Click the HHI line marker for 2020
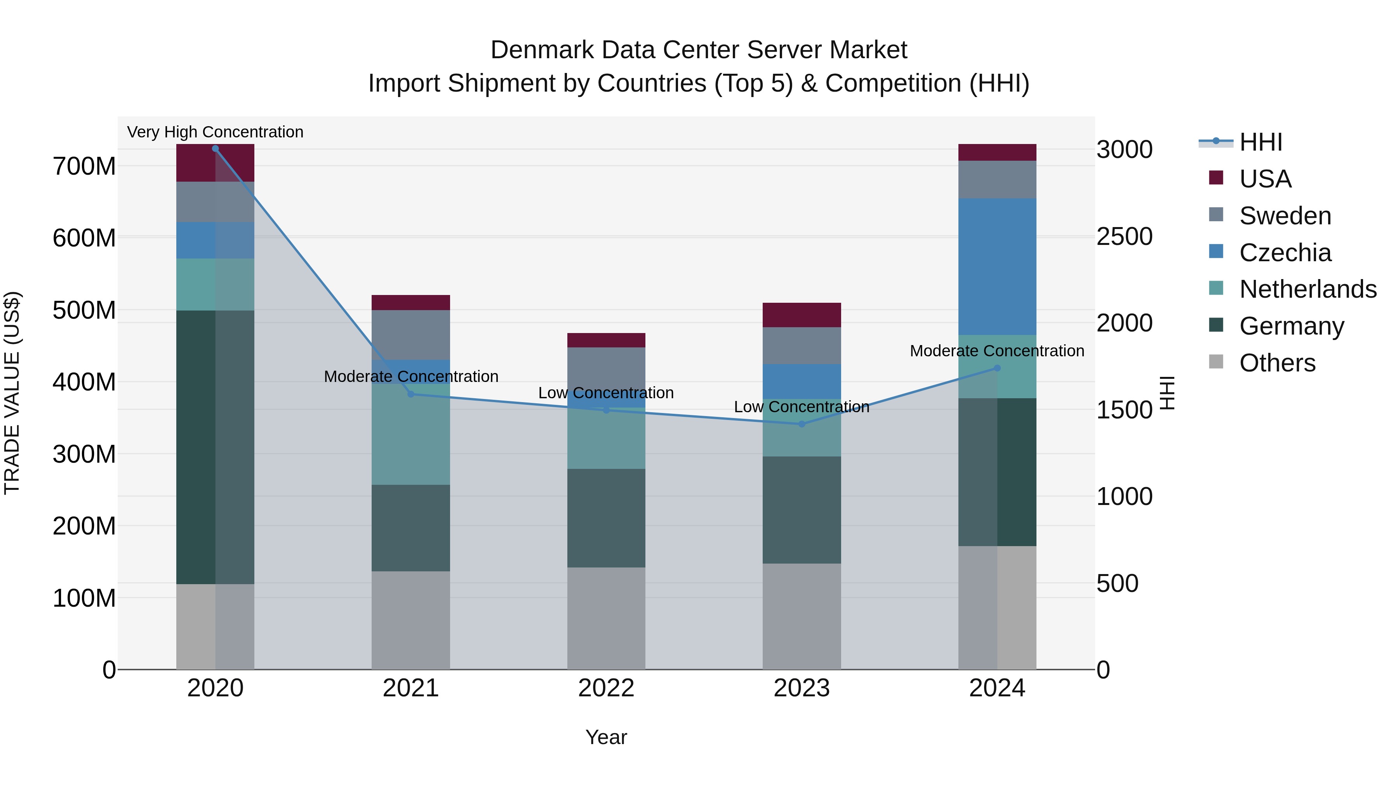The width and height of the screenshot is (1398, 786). pos(216,149)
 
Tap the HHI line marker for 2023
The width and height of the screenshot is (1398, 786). pos(802,424)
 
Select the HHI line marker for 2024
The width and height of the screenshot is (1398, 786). pos(997,368)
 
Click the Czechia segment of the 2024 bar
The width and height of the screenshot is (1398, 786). pos(997,267)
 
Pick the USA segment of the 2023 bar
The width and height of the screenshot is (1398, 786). pos(802,315)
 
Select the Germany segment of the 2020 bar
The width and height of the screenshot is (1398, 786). pos(216,448)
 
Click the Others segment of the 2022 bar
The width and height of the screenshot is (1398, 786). pos(606,618)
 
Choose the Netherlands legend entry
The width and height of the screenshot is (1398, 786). pos(1308,289)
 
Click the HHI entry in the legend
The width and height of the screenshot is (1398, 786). pos(1260,142)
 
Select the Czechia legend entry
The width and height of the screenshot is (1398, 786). pos(1285,253)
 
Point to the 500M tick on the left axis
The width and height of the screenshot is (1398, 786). pos(84,310)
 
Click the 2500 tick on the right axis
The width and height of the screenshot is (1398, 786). pos(1125,236)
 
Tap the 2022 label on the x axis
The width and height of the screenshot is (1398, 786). pos(606,688)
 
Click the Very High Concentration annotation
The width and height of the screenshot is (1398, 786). pos(216,132)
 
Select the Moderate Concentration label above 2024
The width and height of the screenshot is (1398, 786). pos(997,351)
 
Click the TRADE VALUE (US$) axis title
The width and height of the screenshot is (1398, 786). pos(12,393)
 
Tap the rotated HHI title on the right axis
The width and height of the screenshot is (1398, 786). pos(1167,393)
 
